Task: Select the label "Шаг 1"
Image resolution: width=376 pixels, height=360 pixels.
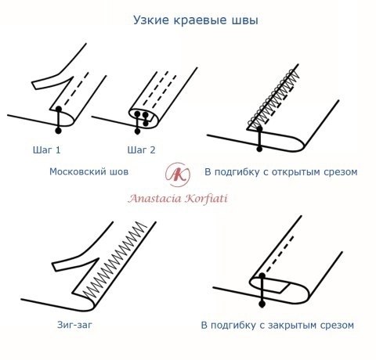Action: (x=47, y=149)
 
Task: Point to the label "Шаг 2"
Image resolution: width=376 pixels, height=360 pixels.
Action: (x=141, y=149)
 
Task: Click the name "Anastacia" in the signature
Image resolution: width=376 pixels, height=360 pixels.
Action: (x=154, y=198)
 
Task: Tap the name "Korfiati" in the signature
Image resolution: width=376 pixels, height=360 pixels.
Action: (x=206, y=198)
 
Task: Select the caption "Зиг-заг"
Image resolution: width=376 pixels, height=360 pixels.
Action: (x=74, y=325)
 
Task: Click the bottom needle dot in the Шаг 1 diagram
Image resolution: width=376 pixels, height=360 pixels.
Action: (x=59, y=131)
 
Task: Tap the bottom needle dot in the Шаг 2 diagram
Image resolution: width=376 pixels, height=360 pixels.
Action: (x=137, y=131)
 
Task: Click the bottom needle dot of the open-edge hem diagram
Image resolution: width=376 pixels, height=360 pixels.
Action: (x=259, y=149)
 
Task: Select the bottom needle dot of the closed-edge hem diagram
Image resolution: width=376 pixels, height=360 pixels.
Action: (x=262, y=304)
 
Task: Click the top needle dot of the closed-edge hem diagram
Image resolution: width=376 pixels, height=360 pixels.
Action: (x=262, y=276)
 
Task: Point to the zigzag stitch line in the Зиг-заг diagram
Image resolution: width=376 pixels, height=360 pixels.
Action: (x=115, y=261)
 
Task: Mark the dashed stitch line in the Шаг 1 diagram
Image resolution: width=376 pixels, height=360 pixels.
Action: (x=76, y=89)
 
